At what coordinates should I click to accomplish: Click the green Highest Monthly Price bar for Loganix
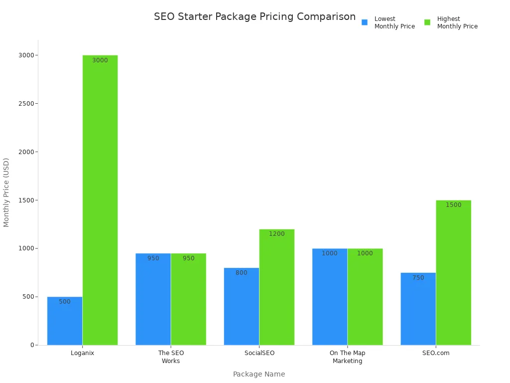pyautogui.click(x=100, y=199)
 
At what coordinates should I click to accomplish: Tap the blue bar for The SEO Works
pyautogui.click(x=153, y=299)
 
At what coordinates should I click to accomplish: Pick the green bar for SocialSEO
pyautogui.click(x=277, y=287)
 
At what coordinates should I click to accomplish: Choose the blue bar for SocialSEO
pyautogui.click(x=242, y=306)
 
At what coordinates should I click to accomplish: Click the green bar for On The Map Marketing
pyautogui.click(x=365, y=297)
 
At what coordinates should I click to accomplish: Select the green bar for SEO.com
pyautogui.click(x=453, y=272)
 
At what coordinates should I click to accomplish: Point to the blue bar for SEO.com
pyautogui.click(x=418, y=309)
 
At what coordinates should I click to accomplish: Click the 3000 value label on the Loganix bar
pyautogui.click(x=100, y=60)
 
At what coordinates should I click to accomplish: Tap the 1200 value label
pyautogui.click(x=277, y=234)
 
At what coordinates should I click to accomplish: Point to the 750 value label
pyautogui.click(x=418, y=278)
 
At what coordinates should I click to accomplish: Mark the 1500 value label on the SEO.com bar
pyautogui.click(x=453, y=205)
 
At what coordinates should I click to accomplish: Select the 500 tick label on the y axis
pyautogui.click(x=28, y=297)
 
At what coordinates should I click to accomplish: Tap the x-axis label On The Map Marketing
pyautogui.click(x=348, y=357)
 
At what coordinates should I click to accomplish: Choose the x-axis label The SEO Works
pyautogui.click(x=171, y=357)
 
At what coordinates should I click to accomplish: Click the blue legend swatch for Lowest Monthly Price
pyautogui.click(x=365, y=22)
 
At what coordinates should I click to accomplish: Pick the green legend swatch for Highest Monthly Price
pyautogui.click(x=427, y=22)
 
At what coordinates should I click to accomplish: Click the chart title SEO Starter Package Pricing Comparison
pyautogui.click(x=255, y=16)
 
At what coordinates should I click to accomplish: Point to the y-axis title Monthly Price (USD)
pyautogui.click(x=6, y=192)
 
